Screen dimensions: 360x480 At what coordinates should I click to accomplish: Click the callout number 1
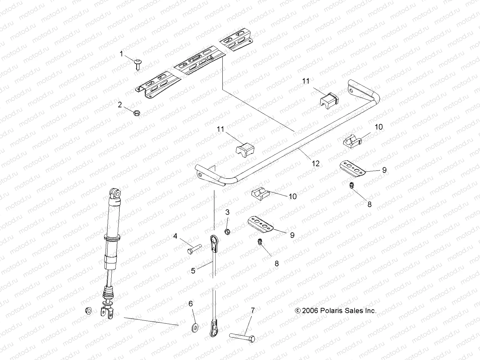121,54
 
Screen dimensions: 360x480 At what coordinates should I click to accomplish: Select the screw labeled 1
138,64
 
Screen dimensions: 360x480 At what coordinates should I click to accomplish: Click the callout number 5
193,270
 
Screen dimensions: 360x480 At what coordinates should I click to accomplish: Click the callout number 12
316,163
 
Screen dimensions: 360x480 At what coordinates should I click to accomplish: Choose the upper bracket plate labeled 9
353,168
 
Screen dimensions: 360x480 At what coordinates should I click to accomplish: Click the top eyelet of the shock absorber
116,193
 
